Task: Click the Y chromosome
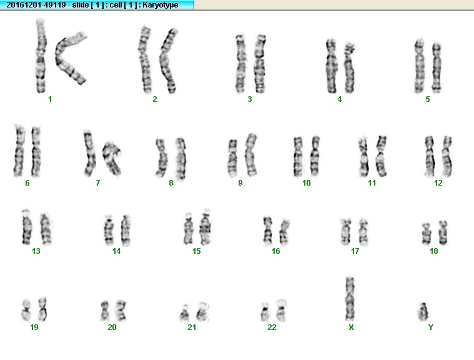(423, 312)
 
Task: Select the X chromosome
(350, 299)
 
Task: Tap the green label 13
(36, 251)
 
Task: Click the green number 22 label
(272, 327)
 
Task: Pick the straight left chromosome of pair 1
(41, 56)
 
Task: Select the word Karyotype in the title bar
(160, 5)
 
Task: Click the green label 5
(427, 99)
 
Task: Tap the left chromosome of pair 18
(427, 233)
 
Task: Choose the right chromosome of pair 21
(202, 311)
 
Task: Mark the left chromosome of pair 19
(26, 310)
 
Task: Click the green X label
(351, 327)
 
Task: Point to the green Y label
(431, 327)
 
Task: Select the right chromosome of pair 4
(349, 67)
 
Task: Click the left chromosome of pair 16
(267, 231)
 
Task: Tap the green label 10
(306, 182)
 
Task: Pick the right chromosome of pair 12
(447, 156)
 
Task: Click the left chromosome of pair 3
(240, 64)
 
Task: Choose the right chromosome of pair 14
(126, 230)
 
